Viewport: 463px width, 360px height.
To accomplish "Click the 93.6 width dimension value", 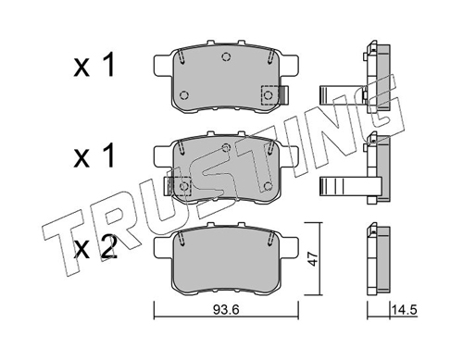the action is click(226, 310).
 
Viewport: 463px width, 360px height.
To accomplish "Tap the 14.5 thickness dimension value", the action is click(405, 310).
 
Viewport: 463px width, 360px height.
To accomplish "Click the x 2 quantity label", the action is click(95, 247).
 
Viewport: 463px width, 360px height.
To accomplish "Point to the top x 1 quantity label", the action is click(94, 65).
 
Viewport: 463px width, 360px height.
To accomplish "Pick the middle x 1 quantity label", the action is click(94, 156).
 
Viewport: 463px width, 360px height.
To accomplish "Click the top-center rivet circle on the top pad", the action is click(226, 56).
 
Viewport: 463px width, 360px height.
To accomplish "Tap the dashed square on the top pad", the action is click(269, 95).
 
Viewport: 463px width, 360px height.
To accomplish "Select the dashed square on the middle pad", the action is click(184, 186).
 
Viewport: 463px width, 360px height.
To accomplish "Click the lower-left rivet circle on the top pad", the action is click(184, 95).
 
